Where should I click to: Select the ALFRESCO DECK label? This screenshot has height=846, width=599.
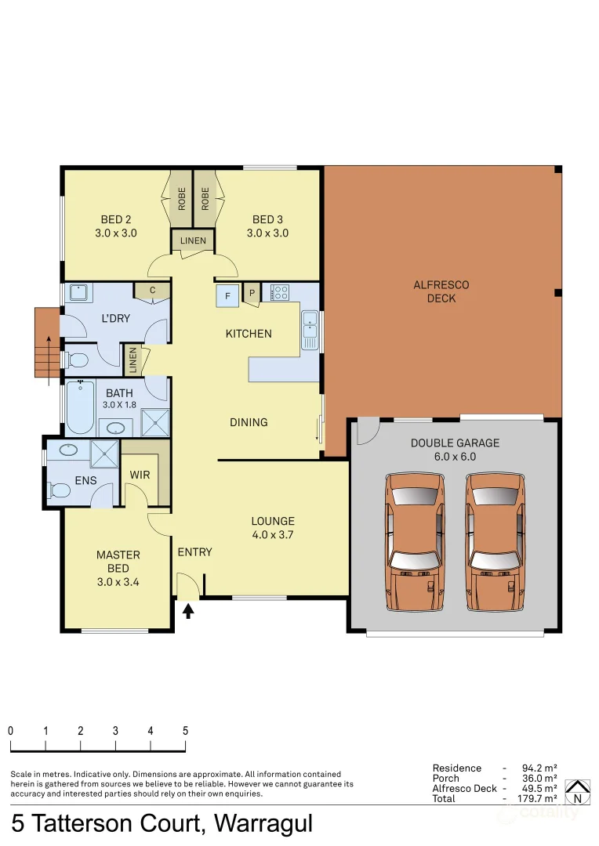(441, 291)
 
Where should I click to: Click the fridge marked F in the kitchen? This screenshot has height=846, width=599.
(227, 295)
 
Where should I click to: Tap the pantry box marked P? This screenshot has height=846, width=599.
(252, 294)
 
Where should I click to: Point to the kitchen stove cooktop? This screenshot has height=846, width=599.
(279, 293)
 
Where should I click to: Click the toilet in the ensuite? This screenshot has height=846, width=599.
(60, 490)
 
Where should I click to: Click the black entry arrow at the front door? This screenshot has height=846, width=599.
(188, 609)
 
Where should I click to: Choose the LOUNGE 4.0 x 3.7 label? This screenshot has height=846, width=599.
(272, 528)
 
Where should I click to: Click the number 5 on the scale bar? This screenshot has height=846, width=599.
(185, 730)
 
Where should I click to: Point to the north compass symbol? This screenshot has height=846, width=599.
(578, 792)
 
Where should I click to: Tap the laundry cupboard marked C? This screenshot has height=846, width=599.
(152, 291)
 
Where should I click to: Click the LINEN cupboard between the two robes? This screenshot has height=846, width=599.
(193, 240)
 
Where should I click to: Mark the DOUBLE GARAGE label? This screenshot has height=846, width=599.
(455, 449)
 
